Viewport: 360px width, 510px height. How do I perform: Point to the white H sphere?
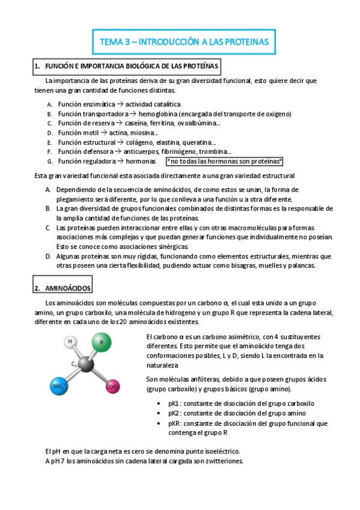click(70, 342)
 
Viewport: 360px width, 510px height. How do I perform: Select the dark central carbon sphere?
click(86, 365)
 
